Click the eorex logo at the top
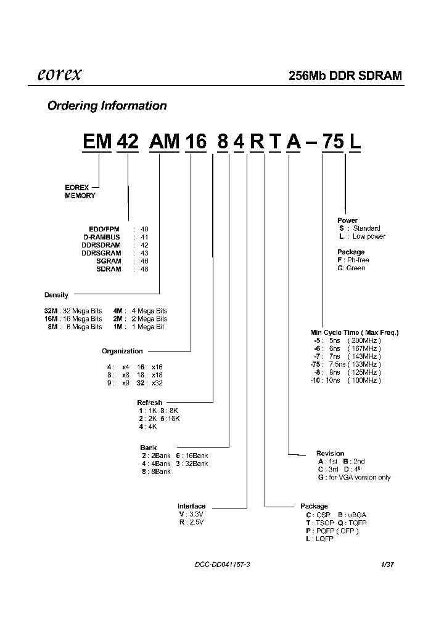(56, 75)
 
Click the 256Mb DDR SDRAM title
(345, 76)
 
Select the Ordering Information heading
(107, 106)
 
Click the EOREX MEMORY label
(80, 191)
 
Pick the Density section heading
(56, 295)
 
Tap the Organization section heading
(122, 351)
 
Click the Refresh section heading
(150, 403)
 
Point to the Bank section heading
(149, 448)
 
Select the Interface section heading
(191, 506)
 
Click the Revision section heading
(330, 454)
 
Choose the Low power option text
(368, 236)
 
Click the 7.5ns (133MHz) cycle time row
(345, 364)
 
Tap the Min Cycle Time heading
(354, 332)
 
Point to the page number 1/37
(387, 565)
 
